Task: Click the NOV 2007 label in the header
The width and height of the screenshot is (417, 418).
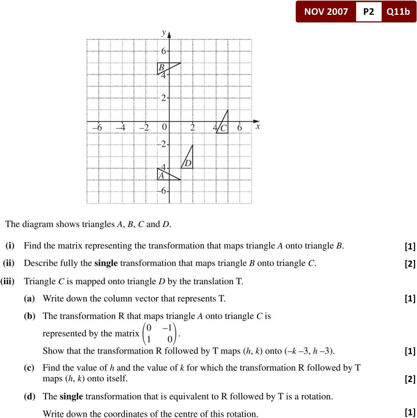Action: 326,11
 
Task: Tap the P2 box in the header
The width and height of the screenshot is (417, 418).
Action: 368,11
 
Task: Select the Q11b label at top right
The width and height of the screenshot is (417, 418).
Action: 398,11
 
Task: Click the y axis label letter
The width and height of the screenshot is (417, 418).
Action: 164,33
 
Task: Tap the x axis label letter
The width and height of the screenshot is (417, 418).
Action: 258,127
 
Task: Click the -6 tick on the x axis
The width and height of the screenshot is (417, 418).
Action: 97,128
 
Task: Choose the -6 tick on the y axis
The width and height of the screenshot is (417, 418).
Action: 162,191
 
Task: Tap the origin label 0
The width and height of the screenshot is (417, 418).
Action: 164,128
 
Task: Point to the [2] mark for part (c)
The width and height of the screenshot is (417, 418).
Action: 410,379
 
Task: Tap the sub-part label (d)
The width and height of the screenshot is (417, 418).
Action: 30,396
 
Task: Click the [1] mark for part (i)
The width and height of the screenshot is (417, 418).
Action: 410,246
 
